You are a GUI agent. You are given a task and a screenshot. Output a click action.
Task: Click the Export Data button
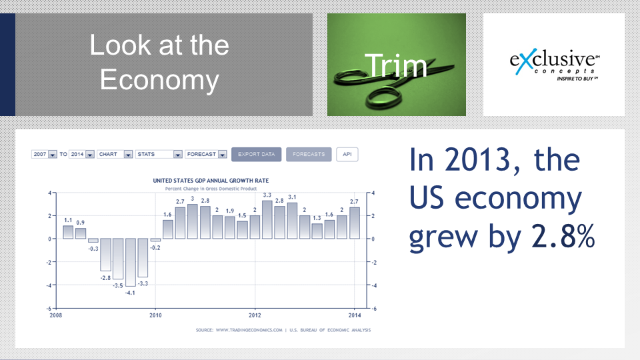click(x=256, y=154)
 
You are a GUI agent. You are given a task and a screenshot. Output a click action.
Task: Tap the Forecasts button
click(x=309, y=154)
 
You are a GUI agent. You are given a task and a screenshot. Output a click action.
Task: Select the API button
click(x=347, y=154)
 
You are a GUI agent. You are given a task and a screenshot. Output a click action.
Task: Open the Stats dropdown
click(x=159, y=154)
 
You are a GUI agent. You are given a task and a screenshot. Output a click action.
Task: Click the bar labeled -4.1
click(x=131, y=263)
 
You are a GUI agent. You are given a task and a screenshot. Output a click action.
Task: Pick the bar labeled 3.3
click(x=267, y=219)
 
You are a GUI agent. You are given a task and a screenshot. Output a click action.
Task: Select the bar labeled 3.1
click(x=292, y=221)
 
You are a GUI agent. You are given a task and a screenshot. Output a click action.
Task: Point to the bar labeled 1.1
click(x=68, y=232)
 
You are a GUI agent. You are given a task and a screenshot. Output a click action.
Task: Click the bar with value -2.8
click(x=106, y=255)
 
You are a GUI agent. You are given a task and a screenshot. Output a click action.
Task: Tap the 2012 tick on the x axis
click(x=255, y=315)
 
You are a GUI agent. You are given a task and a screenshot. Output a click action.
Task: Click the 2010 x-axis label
click(x=155, y=315)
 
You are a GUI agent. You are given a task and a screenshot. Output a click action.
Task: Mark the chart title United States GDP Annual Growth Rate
click(x=211, y=181)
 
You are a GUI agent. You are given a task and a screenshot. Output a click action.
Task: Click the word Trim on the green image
click(x=396, y=65)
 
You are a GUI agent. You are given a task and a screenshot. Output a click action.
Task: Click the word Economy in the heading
click(x=159, y=80)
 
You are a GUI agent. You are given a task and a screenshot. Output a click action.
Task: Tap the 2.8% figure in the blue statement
click(x=563, y=236)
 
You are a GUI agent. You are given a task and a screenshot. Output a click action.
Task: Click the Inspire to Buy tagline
click(x=577, y=79)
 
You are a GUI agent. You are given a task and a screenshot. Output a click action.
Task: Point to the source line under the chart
click(x=283, y=330)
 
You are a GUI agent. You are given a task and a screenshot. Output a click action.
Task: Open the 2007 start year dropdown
click(x=44, y=154)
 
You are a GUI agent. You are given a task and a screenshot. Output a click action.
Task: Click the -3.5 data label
click(x=118, y=286)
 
